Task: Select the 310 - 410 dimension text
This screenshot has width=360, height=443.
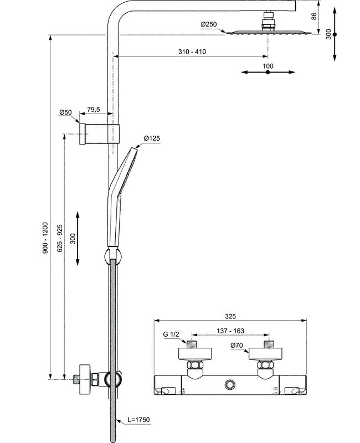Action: point(192,51)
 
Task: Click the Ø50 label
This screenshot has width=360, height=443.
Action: point(66,112)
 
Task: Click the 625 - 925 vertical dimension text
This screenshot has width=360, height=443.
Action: point(60,239)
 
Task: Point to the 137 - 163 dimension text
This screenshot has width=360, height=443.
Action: point(231,331)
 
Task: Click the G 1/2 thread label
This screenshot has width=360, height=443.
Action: point(172,334)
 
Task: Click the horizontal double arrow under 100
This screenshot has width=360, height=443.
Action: point(268,72)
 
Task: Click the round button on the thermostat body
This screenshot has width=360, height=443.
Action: point(230,384)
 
